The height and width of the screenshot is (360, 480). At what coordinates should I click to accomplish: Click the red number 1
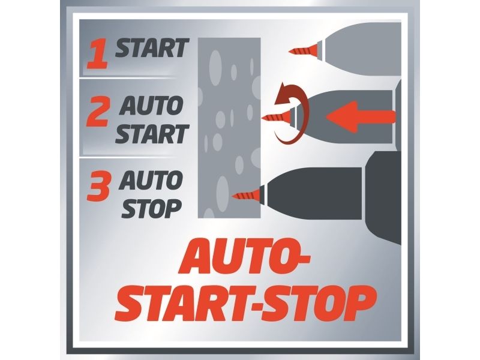97,55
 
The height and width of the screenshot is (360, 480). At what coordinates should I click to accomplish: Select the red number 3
98,187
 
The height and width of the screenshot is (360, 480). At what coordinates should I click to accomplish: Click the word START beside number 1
151,48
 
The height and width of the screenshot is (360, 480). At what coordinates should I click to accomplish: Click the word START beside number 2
151,134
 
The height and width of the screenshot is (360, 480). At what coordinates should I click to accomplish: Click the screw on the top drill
305,50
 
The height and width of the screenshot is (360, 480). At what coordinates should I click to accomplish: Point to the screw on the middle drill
278,117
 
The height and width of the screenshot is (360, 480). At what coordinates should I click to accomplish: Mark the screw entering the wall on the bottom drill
248,195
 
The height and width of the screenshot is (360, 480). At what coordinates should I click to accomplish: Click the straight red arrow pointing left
361,117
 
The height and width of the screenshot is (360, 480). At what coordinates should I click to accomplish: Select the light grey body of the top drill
361,49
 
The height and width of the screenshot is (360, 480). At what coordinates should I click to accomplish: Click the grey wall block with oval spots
229,128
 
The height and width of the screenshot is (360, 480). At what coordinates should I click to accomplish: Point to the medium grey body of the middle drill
346,117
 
